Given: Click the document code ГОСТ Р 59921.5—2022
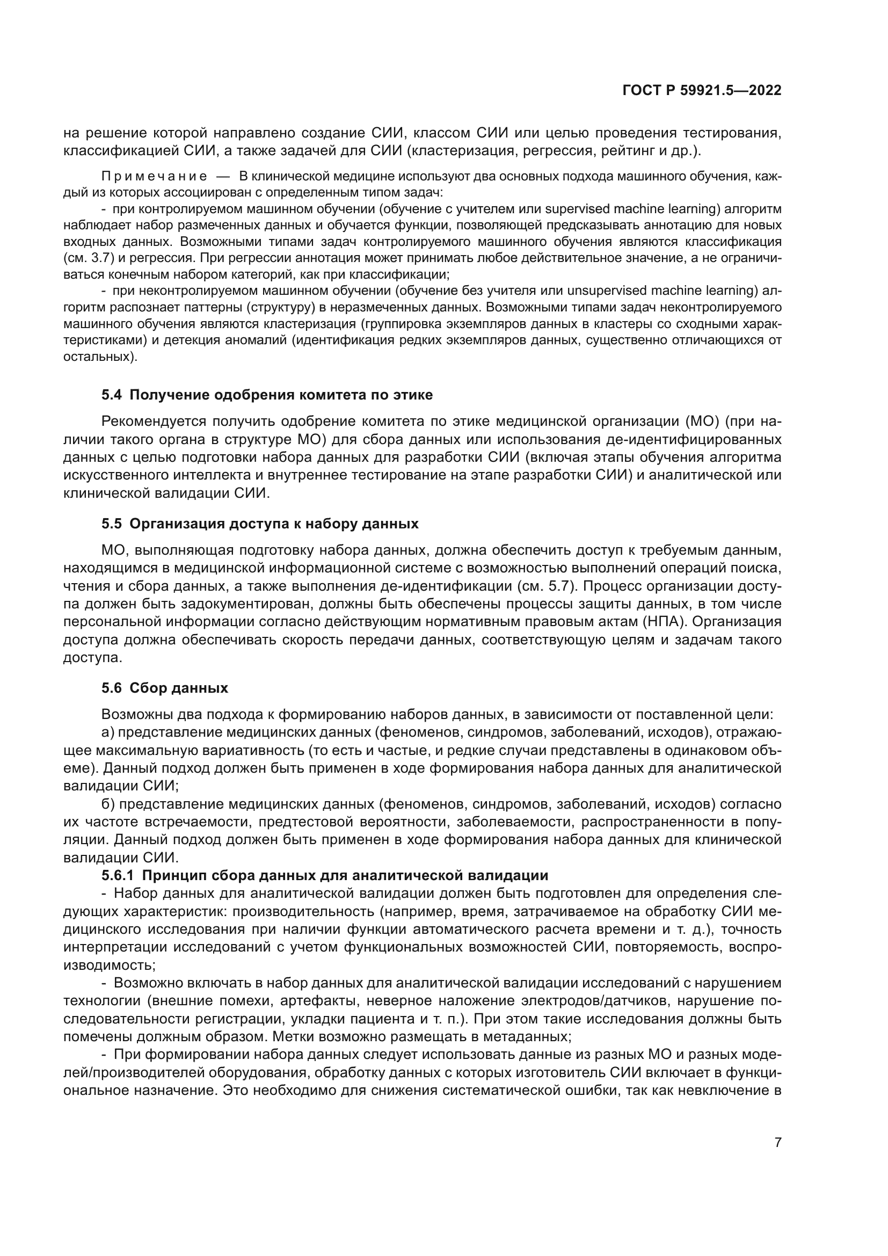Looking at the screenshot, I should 702,91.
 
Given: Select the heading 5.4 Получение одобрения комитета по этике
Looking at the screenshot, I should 267,395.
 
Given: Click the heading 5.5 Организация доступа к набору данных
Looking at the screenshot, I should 260,524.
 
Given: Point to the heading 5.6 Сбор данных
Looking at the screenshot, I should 165,688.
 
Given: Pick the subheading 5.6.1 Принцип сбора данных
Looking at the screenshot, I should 325,876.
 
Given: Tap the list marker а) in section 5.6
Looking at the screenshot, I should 107,732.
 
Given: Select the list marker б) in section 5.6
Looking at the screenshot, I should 108,804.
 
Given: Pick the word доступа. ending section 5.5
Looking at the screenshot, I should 92,658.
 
